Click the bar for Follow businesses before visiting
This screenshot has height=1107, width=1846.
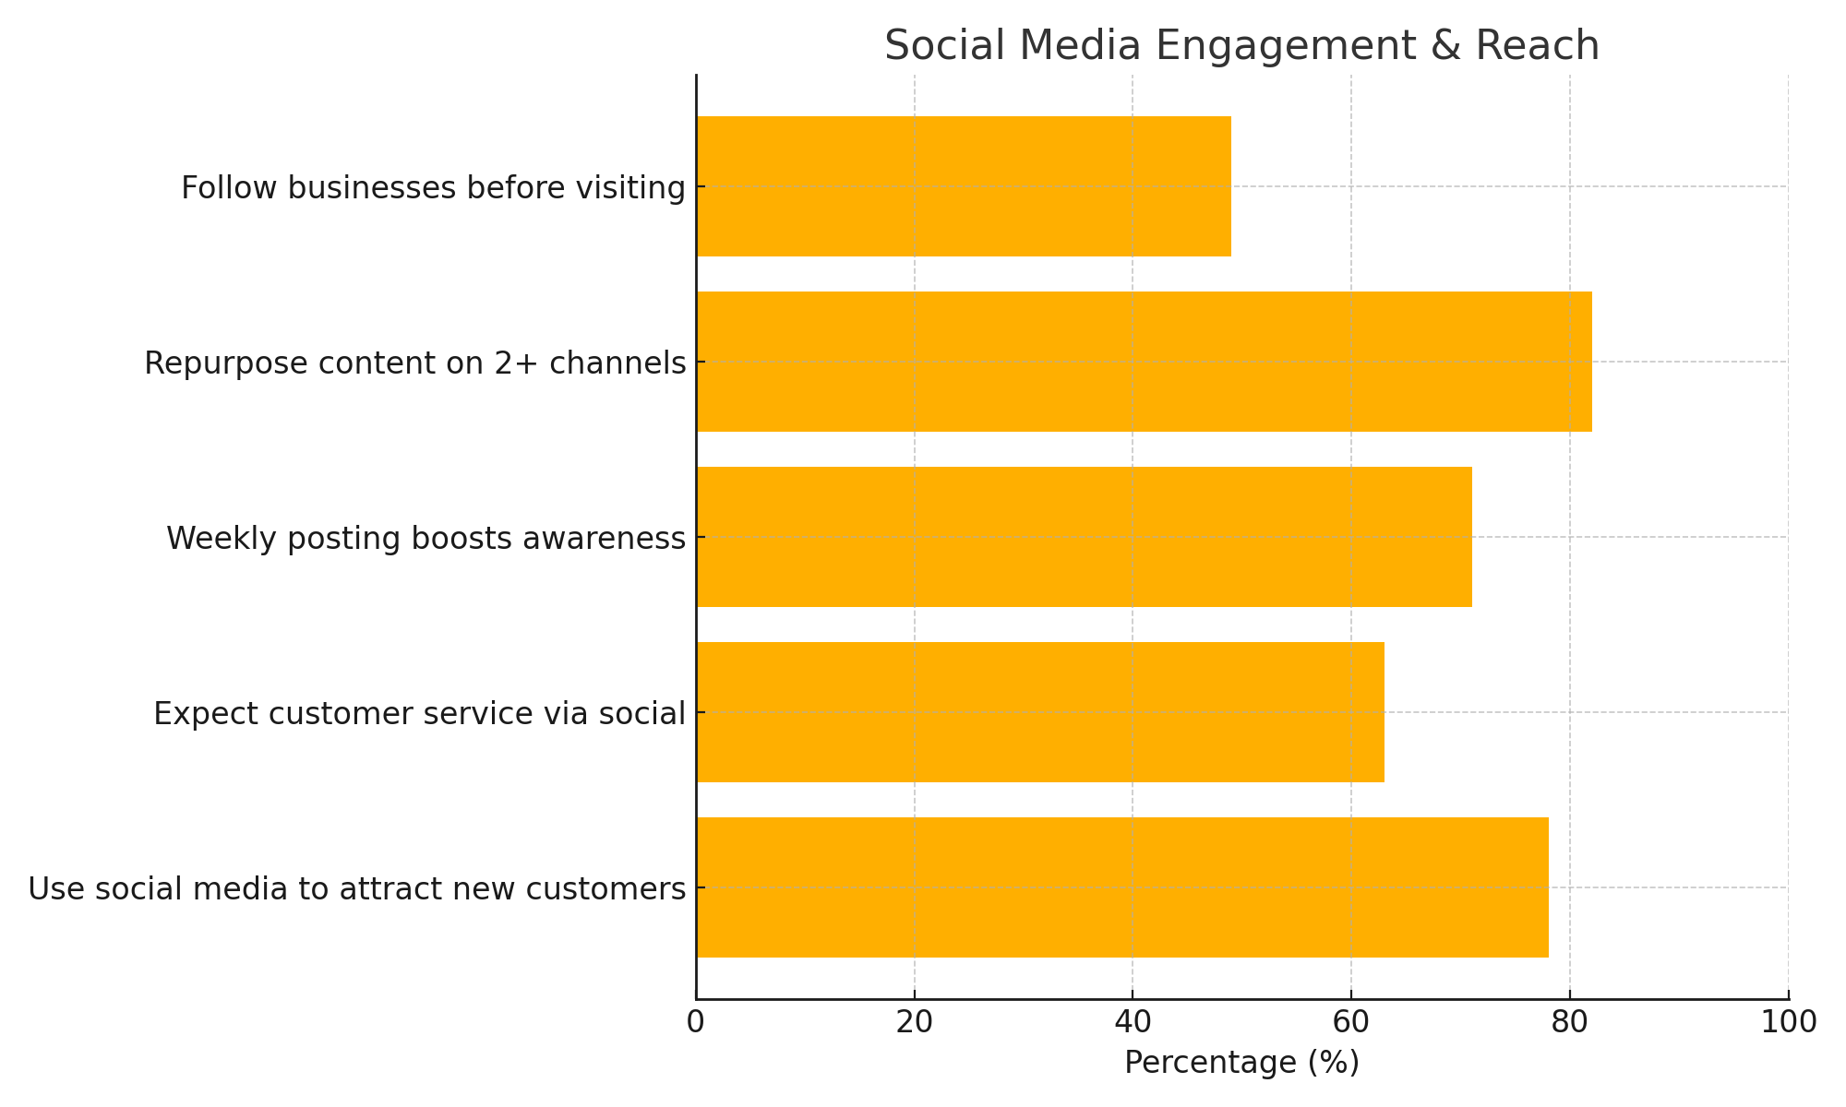pyautogui.click(x=964, y=186)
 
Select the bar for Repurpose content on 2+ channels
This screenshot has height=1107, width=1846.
pyautogui.click(x=1144, y=362)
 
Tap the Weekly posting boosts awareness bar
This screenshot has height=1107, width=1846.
pyautogui.click(x=1084, y=537)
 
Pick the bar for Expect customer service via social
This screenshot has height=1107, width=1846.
pyautogui.click(x=1040, y=712)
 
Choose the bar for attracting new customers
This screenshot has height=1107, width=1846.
pyautogui.click(x=1122, y=887)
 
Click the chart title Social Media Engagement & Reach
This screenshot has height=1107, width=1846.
pyautogui.click(x=1241, y=46)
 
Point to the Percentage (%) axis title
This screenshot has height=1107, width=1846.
pyautogui.click(x=1241, y=1063)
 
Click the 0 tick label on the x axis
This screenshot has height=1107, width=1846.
pyautogui.click(x=696, y=1023)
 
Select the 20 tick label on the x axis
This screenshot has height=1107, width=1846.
pyautogui.click(x=914, y=1023)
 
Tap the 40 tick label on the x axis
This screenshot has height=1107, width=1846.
pyautogui.click(x=1133, y=1023)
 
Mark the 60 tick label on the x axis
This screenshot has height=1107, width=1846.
pyautogui.click(x=1351, y=1023)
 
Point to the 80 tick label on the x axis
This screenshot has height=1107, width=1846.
pyautogui.click(x=1569, y=1023)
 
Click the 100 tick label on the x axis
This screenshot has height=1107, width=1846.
pyautogui.click(x=1788, y=1023)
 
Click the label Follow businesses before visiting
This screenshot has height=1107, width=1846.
pyautogui.click(x=433, y=188)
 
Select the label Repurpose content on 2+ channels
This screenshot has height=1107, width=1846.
pyautogui.click(x=414, y=363)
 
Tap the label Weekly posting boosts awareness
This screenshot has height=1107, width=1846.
pyautogui.click(x=426, y=539)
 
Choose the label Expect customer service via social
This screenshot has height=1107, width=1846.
pyautogui.click(x=419, y=714)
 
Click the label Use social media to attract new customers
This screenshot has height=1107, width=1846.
pyautogui.click(x=356, y=889)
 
